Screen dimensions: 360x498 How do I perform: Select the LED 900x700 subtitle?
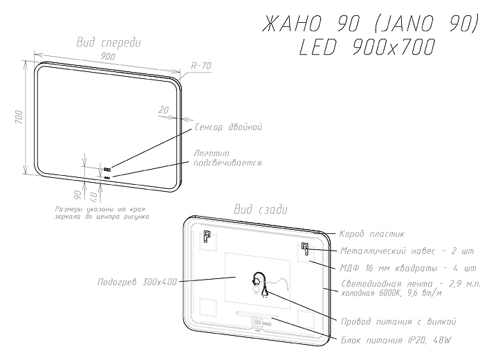point(369,47)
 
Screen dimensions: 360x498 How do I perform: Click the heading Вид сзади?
point(261,209)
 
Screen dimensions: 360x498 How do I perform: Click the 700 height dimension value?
point(21,118)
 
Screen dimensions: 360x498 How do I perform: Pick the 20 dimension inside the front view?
point(164,110)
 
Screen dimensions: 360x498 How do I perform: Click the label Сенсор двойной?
point(228,127)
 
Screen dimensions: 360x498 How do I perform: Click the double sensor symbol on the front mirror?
point(107,168)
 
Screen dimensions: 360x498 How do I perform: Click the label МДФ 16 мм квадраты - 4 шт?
point(408,267)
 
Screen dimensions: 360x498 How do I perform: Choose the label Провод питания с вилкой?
point(398,322)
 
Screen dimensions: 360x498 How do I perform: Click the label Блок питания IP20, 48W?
point(395,340)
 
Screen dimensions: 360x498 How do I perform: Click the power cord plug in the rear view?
point(263,291)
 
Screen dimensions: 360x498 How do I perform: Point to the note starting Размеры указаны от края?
point(102,213)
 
